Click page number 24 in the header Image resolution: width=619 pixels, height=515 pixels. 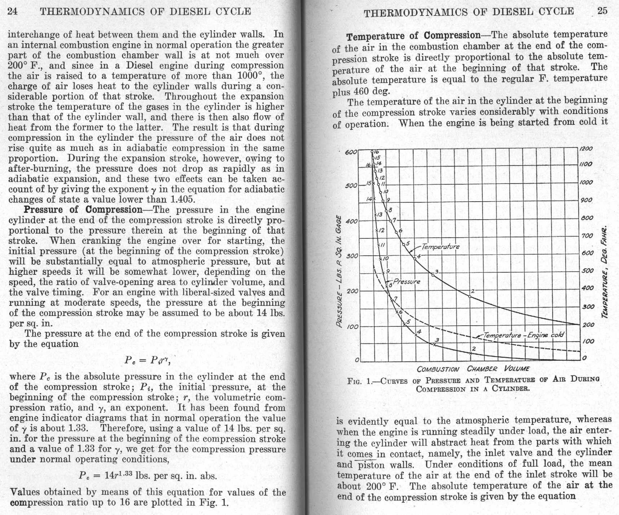[13, 11]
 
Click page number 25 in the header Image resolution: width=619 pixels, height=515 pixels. [602, 11]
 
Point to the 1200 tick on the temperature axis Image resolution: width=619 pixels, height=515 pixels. [586, 149]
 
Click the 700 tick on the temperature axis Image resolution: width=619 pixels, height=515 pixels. [588, 236]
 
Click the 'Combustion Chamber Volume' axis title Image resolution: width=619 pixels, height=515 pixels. [473, 369]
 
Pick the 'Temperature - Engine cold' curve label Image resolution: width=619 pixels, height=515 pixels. [523, 335]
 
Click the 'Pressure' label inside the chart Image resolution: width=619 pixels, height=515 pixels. [407, 281]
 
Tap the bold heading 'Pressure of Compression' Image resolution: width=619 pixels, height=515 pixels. [83, 210]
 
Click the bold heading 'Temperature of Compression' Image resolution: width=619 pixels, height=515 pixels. [413, 36]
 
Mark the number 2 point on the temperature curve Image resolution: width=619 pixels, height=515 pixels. [470, 296]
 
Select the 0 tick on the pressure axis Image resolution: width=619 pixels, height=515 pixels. [357, 360]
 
